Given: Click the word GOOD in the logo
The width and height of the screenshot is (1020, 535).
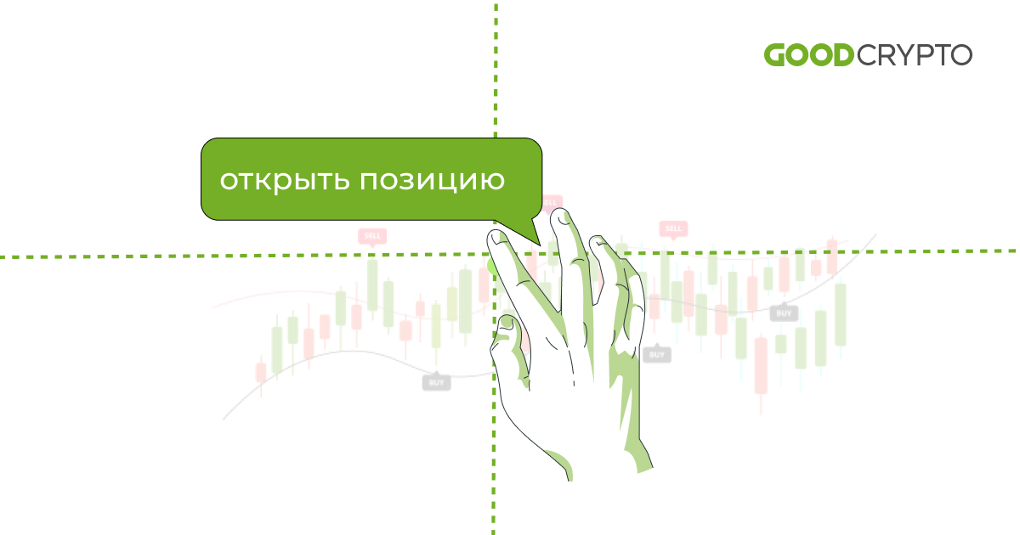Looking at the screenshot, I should tap(807, 55).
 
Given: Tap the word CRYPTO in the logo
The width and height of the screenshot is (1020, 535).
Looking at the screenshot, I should tap(914, 55).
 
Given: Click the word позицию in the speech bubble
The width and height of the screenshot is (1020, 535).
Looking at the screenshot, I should tap(433, 181).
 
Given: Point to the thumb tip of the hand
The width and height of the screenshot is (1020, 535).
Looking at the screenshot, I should tap(506, 323).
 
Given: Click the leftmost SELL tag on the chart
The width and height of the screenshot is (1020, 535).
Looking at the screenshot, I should tap(372, 235).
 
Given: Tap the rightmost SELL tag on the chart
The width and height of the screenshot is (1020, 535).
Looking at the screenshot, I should tap(673, 228).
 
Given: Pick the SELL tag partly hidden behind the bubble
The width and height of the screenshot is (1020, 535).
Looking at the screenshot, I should tap(552, 202).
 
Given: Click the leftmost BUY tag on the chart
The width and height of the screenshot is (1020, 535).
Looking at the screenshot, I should tap(436, 382).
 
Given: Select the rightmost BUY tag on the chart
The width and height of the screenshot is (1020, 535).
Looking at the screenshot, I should tap(784, 313).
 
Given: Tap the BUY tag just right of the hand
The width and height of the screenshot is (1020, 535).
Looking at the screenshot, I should tap(656, 354).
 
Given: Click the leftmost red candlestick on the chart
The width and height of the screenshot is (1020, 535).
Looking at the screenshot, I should tap(261, 372).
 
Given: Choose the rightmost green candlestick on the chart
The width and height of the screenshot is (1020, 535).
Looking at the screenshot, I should tap(841, 314).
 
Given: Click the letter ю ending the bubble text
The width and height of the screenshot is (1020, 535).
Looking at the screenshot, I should tap(495, 181).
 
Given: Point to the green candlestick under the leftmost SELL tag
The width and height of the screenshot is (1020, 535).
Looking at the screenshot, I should tap(372, 285).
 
